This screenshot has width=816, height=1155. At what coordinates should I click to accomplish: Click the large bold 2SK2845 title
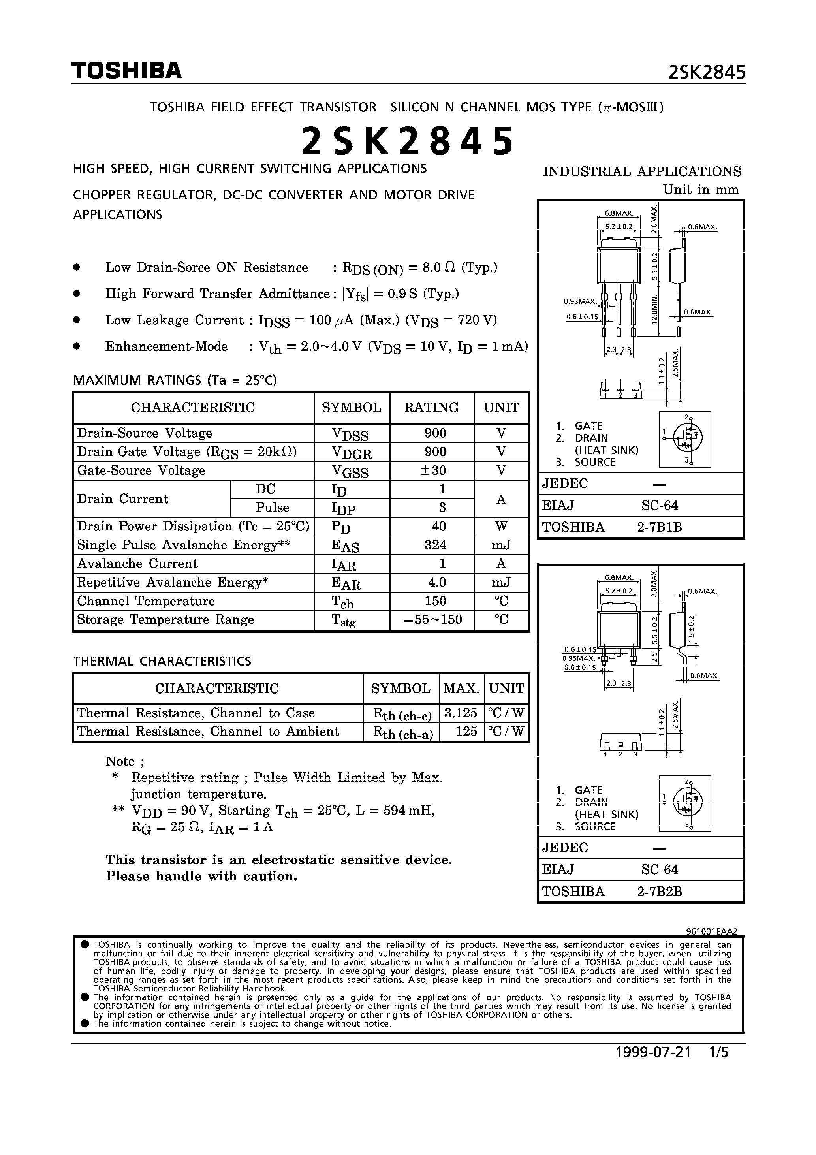[408, 141]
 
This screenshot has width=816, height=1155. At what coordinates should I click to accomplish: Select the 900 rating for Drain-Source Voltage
[435, 433]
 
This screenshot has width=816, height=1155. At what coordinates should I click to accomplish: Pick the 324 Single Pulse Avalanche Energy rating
[435, 545]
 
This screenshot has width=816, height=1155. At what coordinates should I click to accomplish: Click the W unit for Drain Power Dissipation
[501, 526]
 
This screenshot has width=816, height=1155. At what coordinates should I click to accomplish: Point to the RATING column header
[432, 408]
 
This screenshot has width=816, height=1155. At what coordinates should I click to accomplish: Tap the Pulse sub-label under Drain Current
[272, 508]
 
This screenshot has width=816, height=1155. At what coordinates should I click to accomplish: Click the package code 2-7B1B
[659, 527]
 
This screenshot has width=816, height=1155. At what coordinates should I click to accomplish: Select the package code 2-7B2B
[659, 892]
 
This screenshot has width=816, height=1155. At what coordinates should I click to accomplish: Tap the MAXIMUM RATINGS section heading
[175, 380]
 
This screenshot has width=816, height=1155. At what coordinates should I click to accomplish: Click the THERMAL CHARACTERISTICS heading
[162, 660]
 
